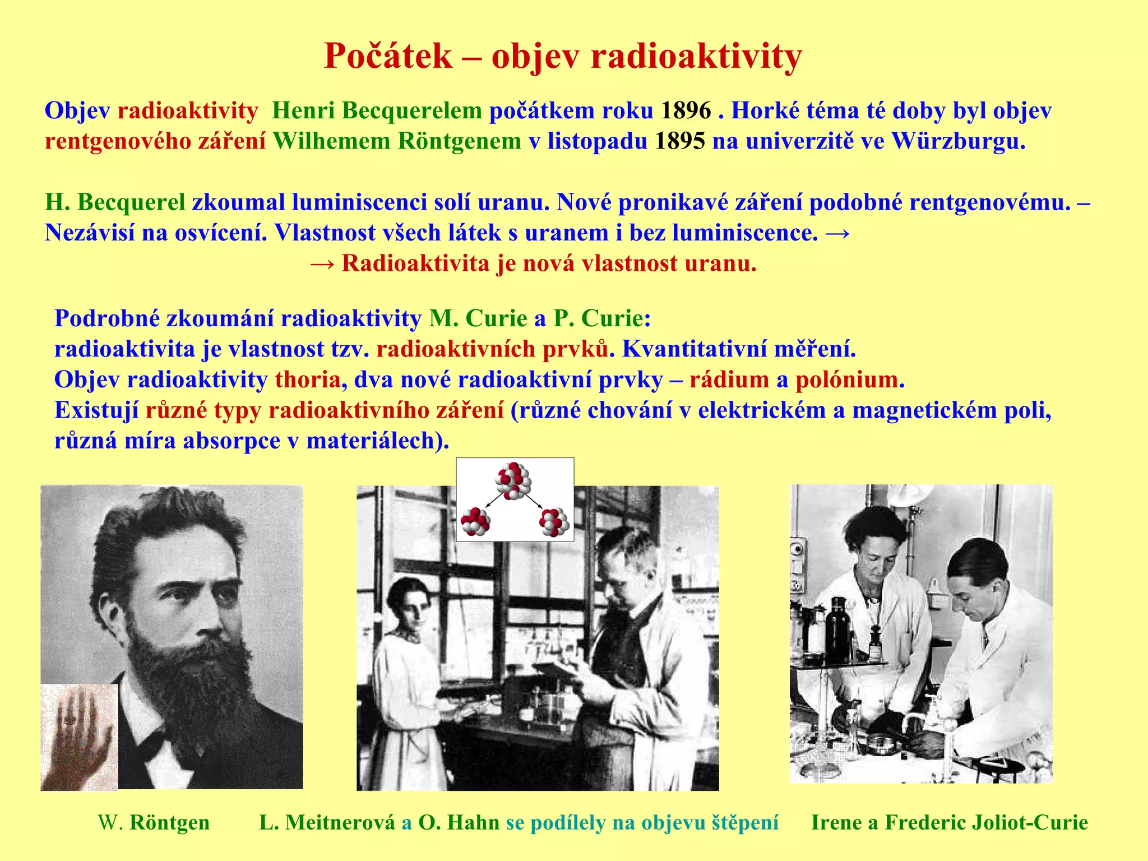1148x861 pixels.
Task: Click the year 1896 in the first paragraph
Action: [686, 111]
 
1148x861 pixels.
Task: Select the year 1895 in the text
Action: [679, 141]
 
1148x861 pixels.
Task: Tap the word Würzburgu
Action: [958, 141]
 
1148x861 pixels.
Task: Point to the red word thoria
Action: [307, 380]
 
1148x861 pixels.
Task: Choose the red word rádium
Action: [729, 380]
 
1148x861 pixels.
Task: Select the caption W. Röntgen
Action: [154, 822]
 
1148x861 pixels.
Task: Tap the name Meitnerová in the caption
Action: [340, 822]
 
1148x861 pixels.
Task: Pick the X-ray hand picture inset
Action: [79, 737]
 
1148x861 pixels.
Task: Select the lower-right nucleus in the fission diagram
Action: [554, 522]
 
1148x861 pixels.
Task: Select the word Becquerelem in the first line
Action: [411, 111]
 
